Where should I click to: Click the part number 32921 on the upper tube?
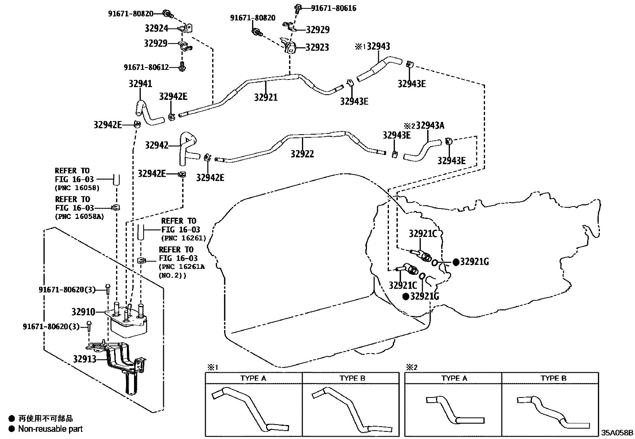click(266, 97)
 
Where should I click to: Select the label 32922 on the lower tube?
click(302, 154)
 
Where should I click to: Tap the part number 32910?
click(83, 312)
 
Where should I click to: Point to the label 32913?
click(85, 359)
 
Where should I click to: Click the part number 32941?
click(140, 84)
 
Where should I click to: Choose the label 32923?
click(317, 48)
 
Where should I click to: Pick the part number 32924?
click(156, 28)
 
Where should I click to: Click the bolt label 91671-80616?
click(333, 8)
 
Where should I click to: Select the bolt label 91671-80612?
click(146, 68)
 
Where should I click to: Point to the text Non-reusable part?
click(51, 429)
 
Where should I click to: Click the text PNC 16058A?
click(77, 217)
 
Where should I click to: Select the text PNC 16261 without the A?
click(183, 238)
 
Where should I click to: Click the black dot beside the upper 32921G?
click(456, 262)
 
